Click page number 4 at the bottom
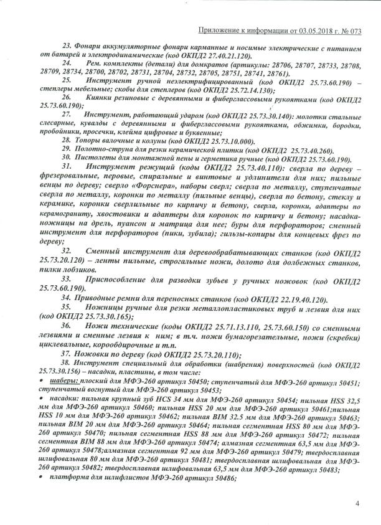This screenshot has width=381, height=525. pos(357,503)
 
